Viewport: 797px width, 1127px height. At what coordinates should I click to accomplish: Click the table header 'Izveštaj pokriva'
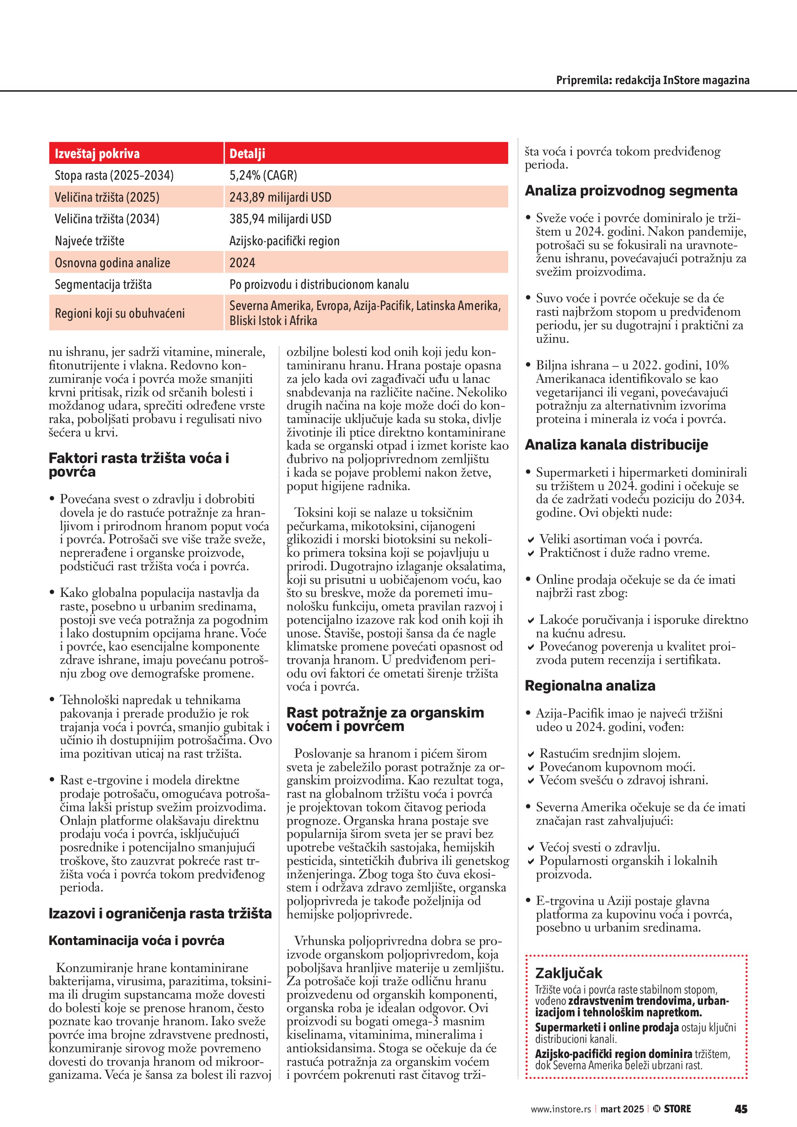pyautogui.click(x=97, y=153)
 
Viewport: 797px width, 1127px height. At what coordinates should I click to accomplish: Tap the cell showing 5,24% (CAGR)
pyautogui.click(x=263, y=175)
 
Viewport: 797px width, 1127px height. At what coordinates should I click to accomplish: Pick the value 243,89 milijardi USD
pyautogui.click(x=280, y=197)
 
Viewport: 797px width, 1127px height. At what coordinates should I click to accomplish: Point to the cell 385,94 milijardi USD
pyautogui.click(x=280, y=219)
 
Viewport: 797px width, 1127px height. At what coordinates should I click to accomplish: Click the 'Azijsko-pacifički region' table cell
pyautogui.click(x=284, y=241)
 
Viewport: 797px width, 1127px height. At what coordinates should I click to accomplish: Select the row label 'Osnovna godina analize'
pyautogui.click(x=112, y=263)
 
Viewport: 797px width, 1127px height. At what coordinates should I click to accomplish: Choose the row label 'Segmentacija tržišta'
pyautogui.click(x=103, y=285)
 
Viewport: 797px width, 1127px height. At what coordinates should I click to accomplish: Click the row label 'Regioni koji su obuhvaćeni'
pyautogui.click(x=120, y=313)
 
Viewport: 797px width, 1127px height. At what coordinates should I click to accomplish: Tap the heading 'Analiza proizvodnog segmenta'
pyautogui.click(x=631, y=190)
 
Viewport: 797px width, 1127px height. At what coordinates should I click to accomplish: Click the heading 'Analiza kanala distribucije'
pyautogui.click(x=617, y=445)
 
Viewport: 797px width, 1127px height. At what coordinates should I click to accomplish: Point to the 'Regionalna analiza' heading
pyautogui.click(x=590, y=686)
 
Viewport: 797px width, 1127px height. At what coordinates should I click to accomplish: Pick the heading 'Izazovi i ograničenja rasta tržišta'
pyautogui.click(x=160, y=913)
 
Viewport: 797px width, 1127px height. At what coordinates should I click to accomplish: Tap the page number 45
pyautogui.click(x=741, y=1109)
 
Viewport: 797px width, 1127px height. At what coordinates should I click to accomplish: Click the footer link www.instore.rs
pyautogui.click(x=561, y=1109)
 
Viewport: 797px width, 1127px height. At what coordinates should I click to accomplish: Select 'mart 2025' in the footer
pyautogui.click(x=622, y=1109)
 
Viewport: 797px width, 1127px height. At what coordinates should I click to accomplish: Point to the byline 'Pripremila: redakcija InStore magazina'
pyautogui.click(x=652, y=80)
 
